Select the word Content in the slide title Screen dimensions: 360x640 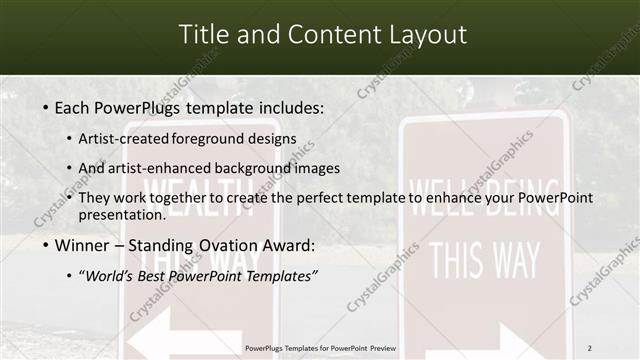[327, 35]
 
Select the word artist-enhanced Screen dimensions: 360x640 [173, 168]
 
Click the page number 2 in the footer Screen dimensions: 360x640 [590, 348]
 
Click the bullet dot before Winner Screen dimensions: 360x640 [47, 247]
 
